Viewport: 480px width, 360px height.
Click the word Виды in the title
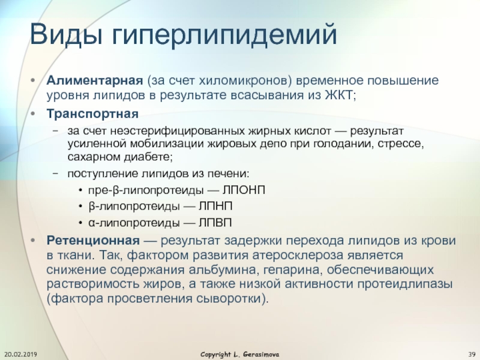click(x=66, y=34)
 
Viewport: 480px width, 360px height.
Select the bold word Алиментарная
click(x=95, y=81)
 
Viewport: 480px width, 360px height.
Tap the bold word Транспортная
click(x=92, y=114)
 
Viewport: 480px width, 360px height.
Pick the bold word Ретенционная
click(x=93, y=241)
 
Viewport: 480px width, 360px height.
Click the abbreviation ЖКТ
click(x=339, y=95)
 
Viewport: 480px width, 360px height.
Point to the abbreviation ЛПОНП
click(x=244, y=190)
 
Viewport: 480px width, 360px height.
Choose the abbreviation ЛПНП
click(x=215, y=206)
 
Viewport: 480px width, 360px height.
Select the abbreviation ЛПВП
click(x=215, y=223)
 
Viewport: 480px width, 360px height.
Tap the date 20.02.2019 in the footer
click(x=21, y=355)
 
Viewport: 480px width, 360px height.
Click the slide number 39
click(x=472, y=355)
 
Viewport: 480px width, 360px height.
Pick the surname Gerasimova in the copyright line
click(x=261, y=355)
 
